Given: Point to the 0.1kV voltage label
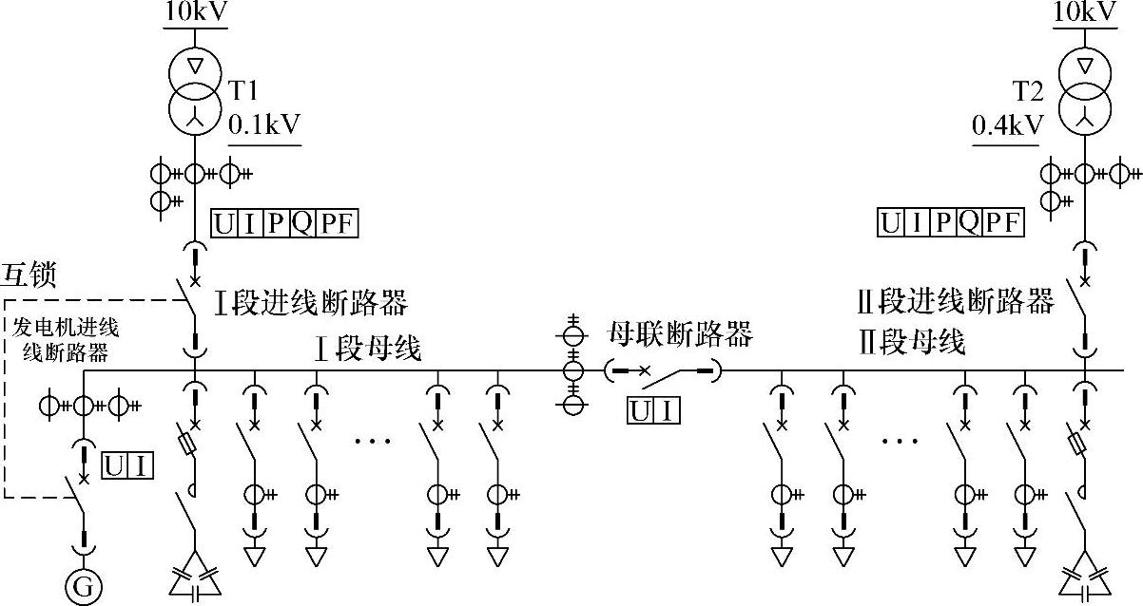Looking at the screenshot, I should click(x=264, y=124).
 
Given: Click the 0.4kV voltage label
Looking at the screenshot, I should click(x=1007, y=124).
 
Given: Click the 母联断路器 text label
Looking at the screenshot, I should click(x=680, y=333).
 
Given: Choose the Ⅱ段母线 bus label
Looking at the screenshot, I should click(x=911, y=341).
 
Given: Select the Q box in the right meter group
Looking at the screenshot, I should click(x=969, y=223).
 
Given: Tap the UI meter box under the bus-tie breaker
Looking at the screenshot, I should click(x=653, y=410).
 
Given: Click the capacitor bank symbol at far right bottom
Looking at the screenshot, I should click(x=1085, y=574).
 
